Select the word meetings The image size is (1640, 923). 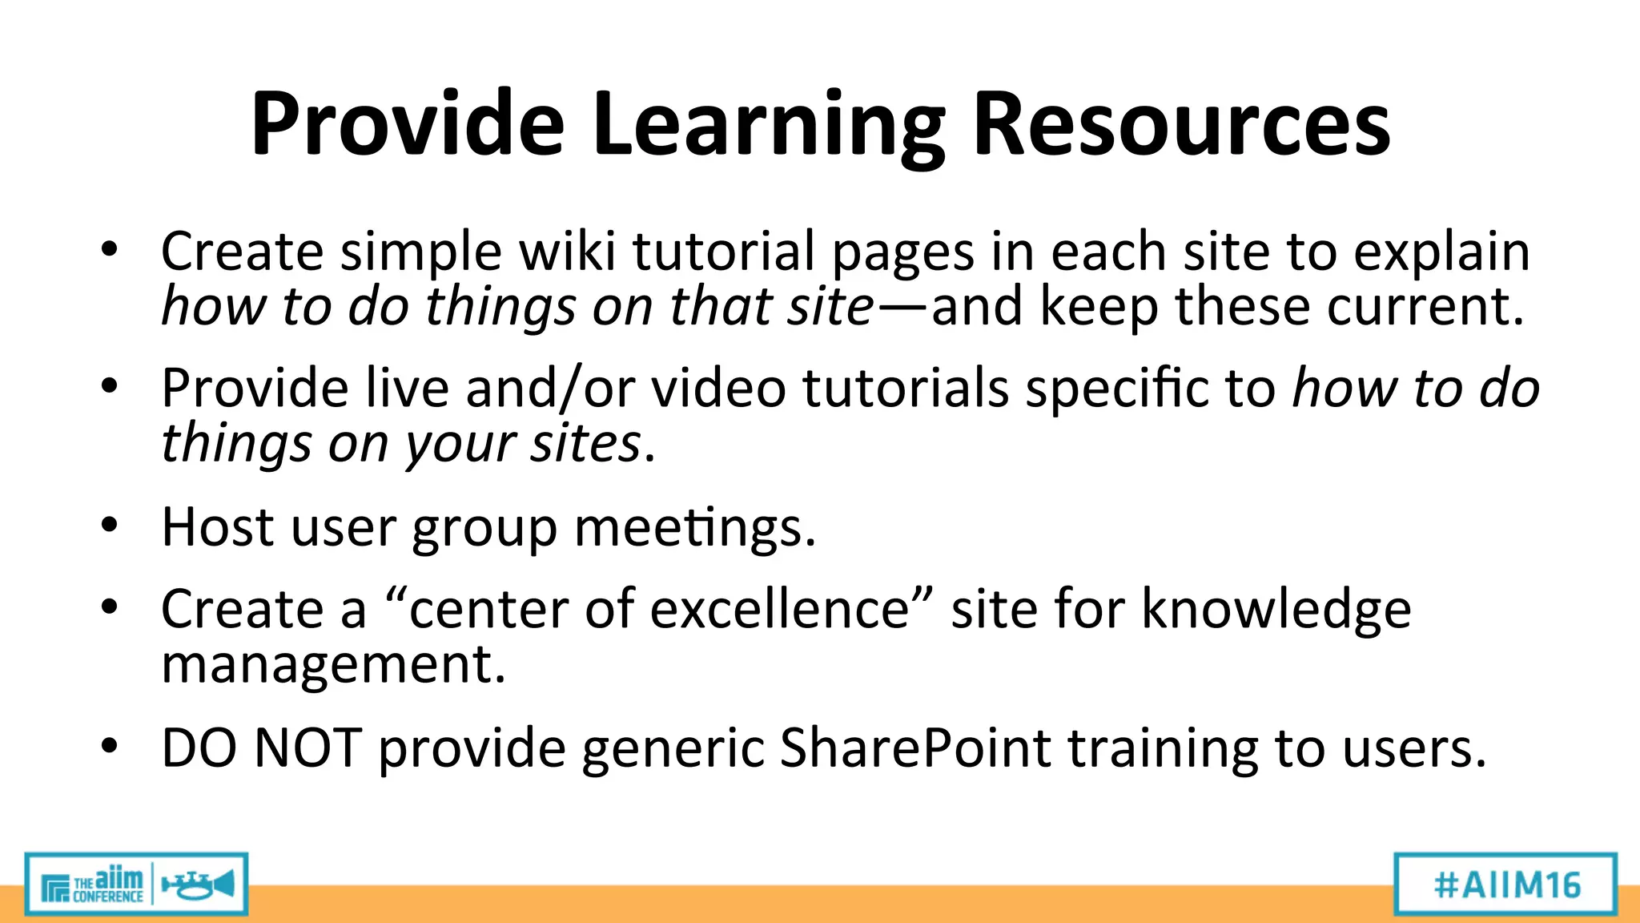[x=694, y=529]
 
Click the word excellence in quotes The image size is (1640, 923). [x=779, y=609]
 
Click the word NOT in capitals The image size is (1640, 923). [x=307, y=748]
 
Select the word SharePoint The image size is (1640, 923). [x=914, y=748]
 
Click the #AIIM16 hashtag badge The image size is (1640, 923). [x=1505, y=885]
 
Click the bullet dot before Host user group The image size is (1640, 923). [x=110, y=526]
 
